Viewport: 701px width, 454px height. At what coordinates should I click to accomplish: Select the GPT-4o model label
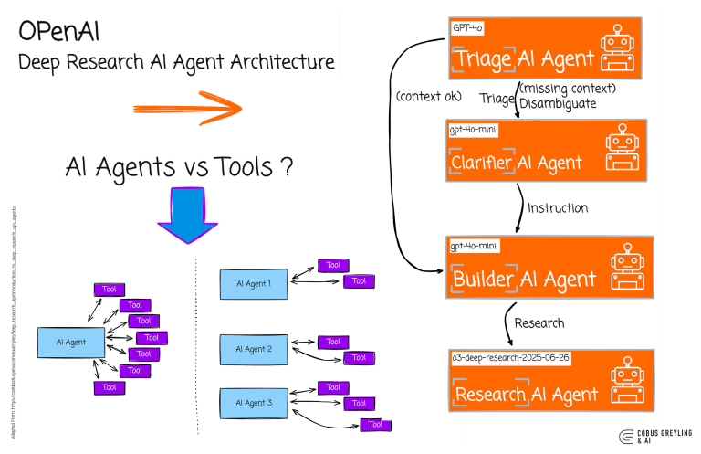point(467,27)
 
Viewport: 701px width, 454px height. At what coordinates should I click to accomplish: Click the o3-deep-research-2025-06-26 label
point(510,358)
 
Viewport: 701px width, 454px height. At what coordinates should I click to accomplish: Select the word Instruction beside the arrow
point(558,208)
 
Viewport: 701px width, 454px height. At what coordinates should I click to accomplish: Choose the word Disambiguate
point(559,103)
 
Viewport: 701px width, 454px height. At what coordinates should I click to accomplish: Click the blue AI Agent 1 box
point(254,283)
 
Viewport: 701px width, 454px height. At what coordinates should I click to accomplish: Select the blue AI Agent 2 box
point(254,349)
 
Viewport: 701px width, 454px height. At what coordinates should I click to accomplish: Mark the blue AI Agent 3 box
point(254,402)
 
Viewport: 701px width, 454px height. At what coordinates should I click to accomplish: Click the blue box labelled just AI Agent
point(70,342)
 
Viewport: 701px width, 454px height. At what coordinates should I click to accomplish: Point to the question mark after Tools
point(287,166)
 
